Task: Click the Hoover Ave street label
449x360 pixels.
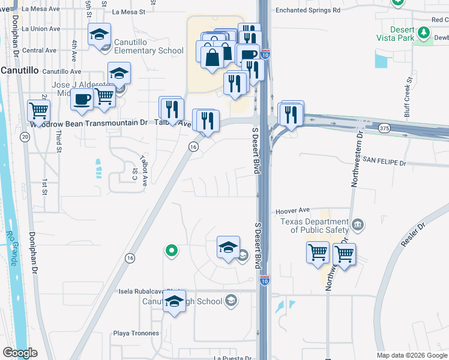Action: pyautogui.click(x=292, y=211)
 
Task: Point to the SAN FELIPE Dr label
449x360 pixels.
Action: pyautogui.click(x=384, y=163)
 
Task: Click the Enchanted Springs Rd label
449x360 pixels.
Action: pyautogui.click(x=307, y=10)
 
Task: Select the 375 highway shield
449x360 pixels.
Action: pyautogui.click(x=385, y=128)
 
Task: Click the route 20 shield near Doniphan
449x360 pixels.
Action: pyautogui.click(x=25, y=137)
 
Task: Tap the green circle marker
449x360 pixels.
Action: pyautogui.click(x=171, y=251)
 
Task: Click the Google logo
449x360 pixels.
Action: pyautogui.click(x=19, y=353)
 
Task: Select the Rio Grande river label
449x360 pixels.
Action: pyautogui.click(x=10, y=248)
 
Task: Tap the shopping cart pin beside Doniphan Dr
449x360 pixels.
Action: pyautogui.click(x=38, y=110)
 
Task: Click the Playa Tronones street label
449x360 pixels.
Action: pyautogui.click(x=136, y=333)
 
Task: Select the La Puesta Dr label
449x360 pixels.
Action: pyautogui.click(x=232, y=358)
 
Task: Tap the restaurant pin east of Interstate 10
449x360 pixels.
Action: pyautogui.click(x=292, y=113)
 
